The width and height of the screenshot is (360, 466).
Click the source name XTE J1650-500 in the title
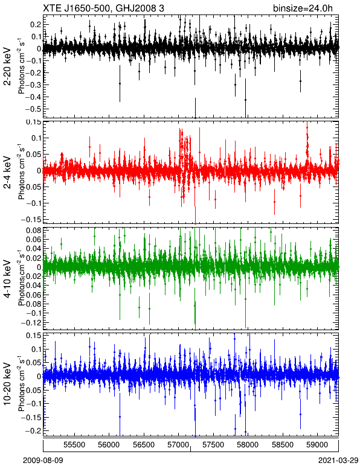(77, 8)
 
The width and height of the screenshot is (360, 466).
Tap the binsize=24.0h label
(303, 8)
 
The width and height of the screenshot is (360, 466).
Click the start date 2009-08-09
(43, 461)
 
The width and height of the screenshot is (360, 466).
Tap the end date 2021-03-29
(338, 461)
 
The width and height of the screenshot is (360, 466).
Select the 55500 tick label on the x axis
(75, 445)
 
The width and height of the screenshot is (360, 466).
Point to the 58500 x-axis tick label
(283, 445)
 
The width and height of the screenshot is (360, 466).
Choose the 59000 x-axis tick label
(317, 445)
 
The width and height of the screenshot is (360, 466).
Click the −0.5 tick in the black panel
(34, 109)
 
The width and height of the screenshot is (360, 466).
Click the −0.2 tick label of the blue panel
(34, 430)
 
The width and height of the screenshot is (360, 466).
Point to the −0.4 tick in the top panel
(34, 97)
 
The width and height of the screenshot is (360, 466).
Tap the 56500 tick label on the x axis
(144, 445)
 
